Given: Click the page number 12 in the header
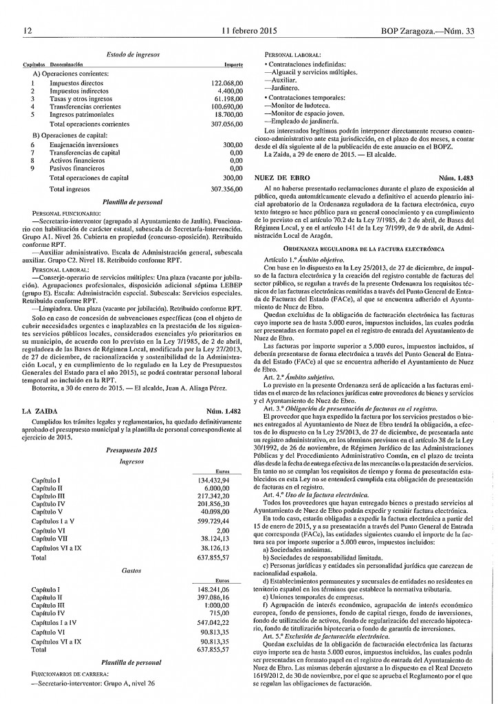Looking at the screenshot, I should pyautogui.click(x=28, y=31).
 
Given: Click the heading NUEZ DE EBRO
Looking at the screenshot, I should pyautogui.click(x=281, y=177).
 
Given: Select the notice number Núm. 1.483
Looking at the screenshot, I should pyautogui.click(x=457, y=177).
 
